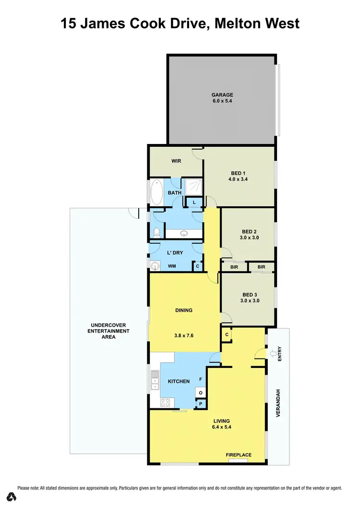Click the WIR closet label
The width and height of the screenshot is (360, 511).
click(x=176, y=161)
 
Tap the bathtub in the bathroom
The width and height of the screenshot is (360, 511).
click(x=157, y=192)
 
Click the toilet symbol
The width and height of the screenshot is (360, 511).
click(x=156, y=232)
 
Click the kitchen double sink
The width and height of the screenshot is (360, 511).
click(x=155, y=380)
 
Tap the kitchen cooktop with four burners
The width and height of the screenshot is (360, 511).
click(x=166, y=403)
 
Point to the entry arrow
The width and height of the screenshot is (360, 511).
click(x=274, y=354)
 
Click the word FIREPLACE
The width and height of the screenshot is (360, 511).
click(x=239, y=455)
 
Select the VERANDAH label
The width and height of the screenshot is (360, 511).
click(x=278, y=402)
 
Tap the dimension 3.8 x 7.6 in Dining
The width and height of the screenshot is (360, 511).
click(x=183, y=336)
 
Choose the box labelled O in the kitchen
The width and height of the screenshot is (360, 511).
click(x=201, y=393)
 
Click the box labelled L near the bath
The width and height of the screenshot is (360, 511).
click(x=194, y=203)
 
